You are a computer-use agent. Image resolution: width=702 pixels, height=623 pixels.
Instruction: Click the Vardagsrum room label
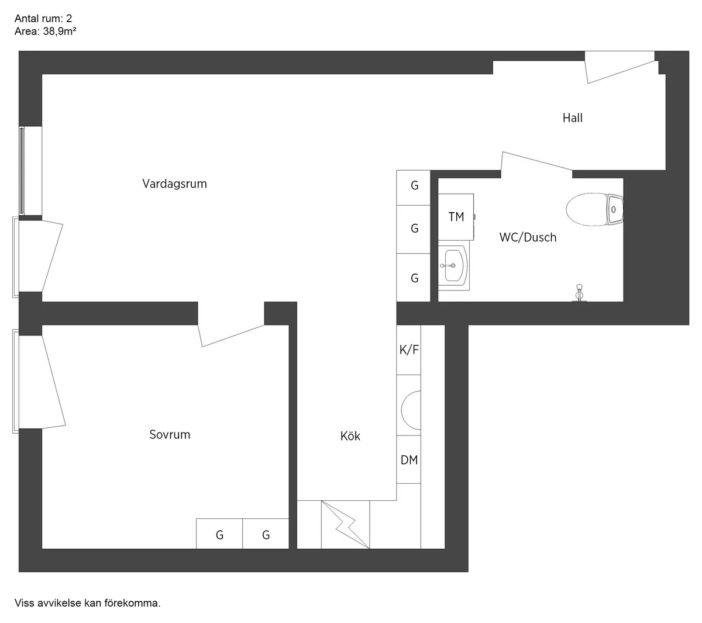[174, 184]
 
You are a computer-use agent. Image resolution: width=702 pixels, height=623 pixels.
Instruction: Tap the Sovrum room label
[170, 435]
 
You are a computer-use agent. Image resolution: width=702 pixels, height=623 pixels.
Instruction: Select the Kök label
[350, 436]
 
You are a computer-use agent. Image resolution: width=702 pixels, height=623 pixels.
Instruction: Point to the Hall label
[572, 118]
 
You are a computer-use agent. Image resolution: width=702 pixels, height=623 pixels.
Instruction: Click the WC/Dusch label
[528, 237]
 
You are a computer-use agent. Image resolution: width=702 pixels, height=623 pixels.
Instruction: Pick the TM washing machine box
[456, 217]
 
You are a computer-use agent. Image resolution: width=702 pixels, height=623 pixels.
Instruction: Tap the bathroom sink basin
[453, 266]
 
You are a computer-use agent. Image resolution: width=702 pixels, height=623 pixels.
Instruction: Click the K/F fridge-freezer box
[409, 350]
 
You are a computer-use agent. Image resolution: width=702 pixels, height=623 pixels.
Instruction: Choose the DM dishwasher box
[409, 460]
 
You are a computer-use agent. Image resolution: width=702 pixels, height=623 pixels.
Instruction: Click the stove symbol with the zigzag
[346, 525]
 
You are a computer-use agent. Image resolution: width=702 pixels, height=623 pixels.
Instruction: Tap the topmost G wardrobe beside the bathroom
[414, 186]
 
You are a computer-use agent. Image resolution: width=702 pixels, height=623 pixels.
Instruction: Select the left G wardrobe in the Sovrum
[219, 534]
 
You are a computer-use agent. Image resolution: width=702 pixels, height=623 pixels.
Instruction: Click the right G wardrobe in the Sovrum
[266, 534]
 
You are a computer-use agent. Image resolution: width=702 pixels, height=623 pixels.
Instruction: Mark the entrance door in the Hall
[620, 67]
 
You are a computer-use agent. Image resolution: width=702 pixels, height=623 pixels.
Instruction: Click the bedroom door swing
[232, 333]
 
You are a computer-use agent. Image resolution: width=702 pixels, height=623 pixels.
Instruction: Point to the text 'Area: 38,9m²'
[46, 32]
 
